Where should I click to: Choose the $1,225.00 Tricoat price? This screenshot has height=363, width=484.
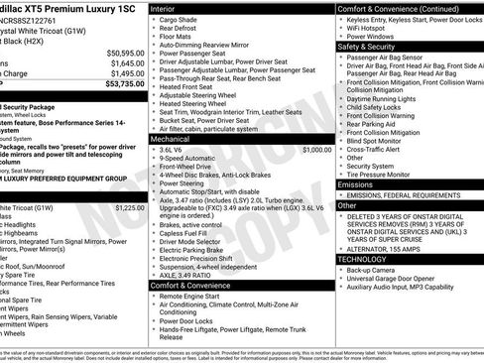pos(129,208)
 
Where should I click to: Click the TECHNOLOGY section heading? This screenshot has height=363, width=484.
pos(363,258)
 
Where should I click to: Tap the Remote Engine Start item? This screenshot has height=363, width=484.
pos(193,297)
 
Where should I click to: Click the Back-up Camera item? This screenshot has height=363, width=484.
pos(374,270)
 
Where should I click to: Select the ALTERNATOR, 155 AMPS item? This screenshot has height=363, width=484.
pos(388,247)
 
